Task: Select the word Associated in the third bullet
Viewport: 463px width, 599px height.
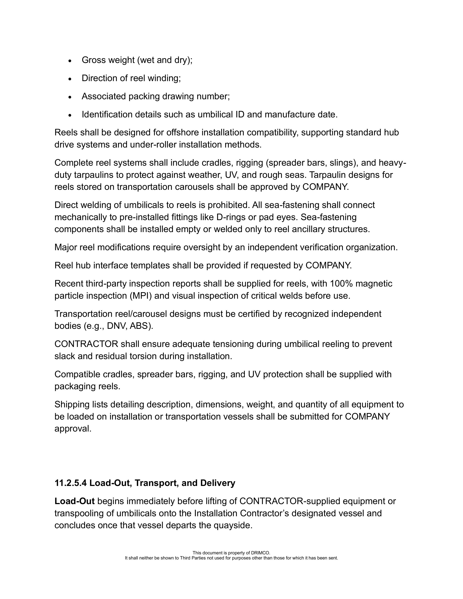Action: click(x=104, y=96)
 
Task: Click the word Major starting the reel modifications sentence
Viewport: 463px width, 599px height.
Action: click(x=66, y=247)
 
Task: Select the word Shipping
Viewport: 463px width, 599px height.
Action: click(x=72, y=404)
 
